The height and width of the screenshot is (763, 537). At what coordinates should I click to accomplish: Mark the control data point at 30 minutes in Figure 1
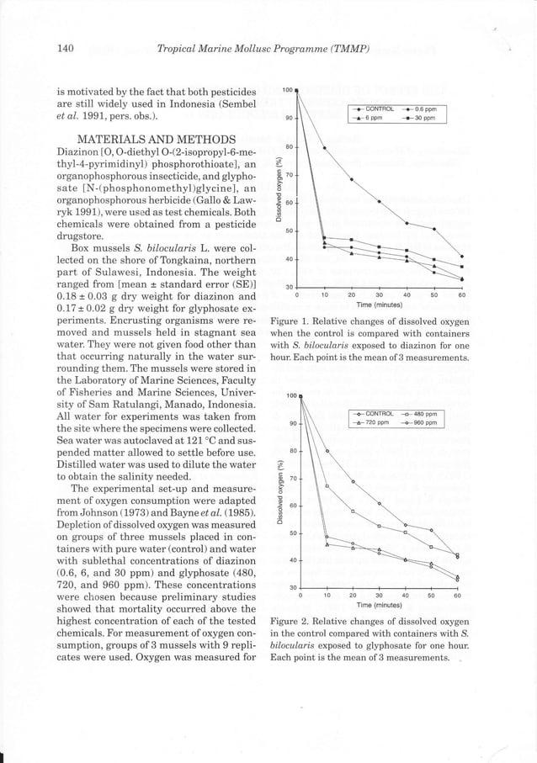[380, 202]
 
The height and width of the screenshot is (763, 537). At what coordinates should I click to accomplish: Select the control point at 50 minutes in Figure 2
[432, 530]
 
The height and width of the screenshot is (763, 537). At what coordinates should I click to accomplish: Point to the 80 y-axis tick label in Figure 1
[288, 147]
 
